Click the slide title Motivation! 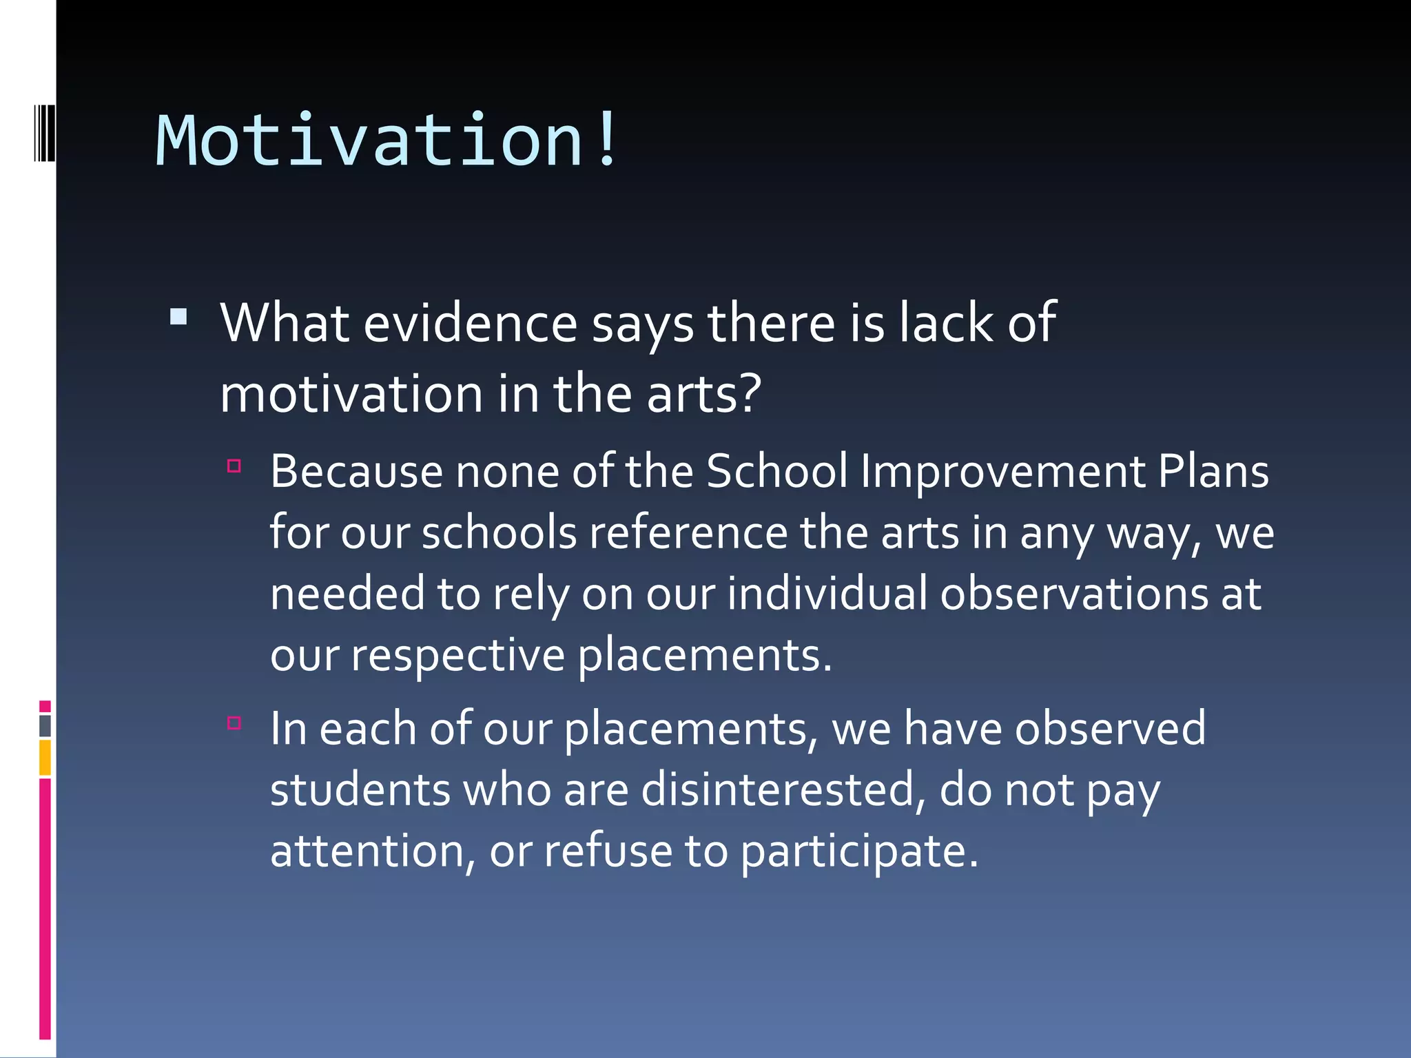pos(386,141)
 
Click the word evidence pos(470,324)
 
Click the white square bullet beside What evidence pos(178,317)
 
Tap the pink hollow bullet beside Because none pos(234,466)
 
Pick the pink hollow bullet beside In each pos(234,723)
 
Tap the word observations pos(1074,594)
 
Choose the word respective pos(458,655)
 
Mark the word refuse pos(608,851)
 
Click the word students pos(360,790)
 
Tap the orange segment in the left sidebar pos(45,758)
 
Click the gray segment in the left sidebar pos(45,726)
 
